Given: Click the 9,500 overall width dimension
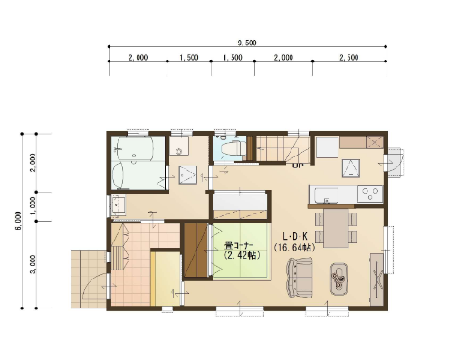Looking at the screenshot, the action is pyautogui.click(x=247, y=43).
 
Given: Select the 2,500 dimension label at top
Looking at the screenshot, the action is pyautogui.click(x=349, y=57).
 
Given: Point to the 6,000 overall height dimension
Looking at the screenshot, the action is pyautogui.click(x=18, y=221).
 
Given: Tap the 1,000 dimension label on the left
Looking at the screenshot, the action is pyautogui.click(x=33, y=206).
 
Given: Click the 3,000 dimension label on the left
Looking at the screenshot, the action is pyautogui.click(x=33, y=264).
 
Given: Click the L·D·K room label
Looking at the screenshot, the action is pyautogui.click(x=295, y=236).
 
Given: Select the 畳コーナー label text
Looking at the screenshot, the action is pyautogui.click(x=239, y=245).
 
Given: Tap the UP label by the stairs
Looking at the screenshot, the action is pyautogui.click(x=298, y=166).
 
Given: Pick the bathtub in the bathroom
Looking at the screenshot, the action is pyautogui.click(x=134, y=148).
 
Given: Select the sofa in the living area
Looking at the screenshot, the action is pyautogui.click(x=300, y=277).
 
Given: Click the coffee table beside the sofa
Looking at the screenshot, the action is pyautogui.click(x=338, y=279).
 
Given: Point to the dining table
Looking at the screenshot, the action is pyautogui.click(x=336, y=228).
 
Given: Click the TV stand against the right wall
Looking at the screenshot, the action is pyautogui.click(x=376, y=279).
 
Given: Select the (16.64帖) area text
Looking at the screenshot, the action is pyautogui.click(x=295, y=248).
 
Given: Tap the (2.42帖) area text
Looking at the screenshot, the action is pyautogui.click(x=242, y=255).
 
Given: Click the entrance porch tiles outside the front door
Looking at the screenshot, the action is pyautogui.click(x=89, y=279).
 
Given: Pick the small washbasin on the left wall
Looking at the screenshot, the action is pyautogui.click(x=118, y=205).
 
